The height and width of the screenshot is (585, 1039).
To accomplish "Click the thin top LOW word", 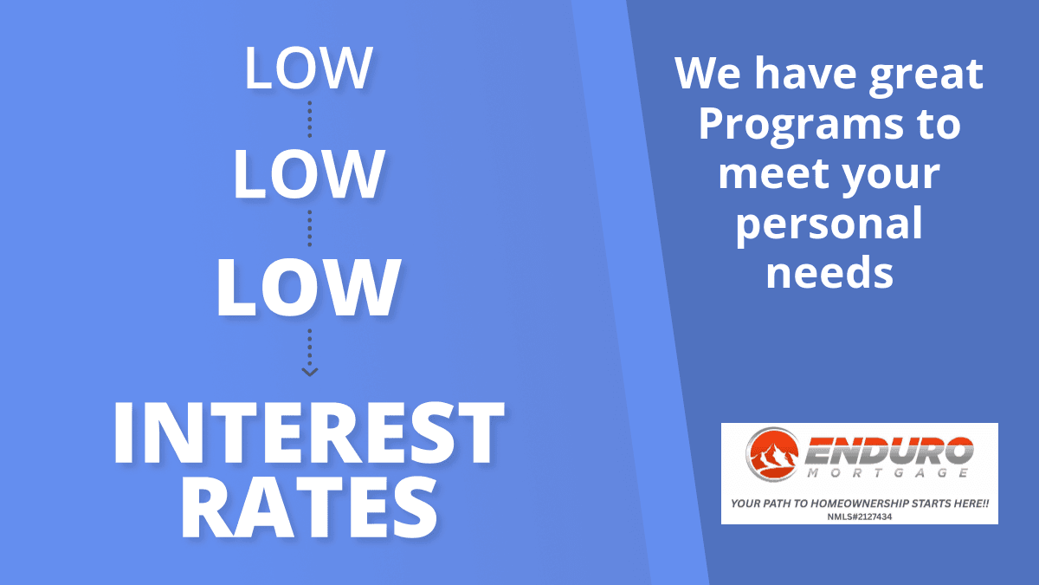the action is click(x=308, y=68).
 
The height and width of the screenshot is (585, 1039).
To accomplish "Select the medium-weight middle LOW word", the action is click(x=309, y=174).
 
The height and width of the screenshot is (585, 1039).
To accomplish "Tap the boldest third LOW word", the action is click(x=308, y=287).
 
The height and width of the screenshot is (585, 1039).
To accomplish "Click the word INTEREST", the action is click(x=308, y=432).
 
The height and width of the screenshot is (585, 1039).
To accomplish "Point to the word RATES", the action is click(x=309, y=508).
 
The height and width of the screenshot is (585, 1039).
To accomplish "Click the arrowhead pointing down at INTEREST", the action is click(x=310, y=372).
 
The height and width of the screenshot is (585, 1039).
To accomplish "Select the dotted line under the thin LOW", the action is click(x=310, y=120).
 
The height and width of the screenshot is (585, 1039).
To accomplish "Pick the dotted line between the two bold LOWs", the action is click(x=310, y=229).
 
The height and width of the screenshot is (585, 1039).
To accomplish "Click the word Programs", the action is click(x=801, y=127).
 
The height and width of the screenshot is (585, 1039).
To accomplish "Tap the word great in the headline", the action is click(x=926, y=75).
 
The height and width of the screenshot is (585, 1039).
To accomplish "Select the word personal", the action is click(x=829, y=224).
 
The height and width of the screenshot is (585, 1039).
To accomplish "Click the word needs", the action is click(x=829, y=272).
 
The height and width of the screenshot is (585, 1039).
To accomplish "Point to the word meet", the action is click(x=770, y=173).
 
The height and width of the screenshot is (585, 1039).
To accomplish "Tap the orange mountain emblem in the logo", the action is click(x=772, y=454).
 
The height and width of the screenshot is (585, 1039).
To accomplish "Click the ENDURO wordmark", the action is click(x=888, y=451).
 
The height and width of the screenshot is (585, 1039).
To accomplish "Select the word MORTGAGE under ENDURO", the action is click(x=887, y=473).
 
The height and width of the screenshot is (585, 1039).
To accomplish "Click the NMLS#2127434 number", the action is click(x=860, y=517).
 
